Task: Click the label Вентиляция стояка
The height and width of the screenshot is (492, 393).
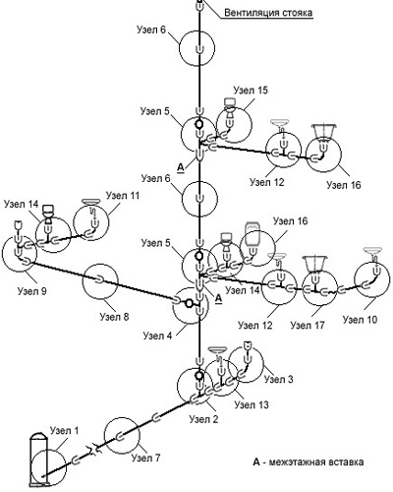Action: pos(268,13)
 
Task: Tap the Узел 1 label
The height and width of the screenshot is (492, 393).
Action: pos(65,430)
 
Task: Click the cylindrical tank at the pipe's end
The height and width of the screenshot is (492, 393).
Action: pos(39,460)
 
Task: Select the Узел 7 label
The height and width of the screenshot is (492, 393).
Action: pos(146,458)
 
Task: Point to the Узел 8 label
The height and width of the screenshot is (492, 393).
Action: pos(114,317)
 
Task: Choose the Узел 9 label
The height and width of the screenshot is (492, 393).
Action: pos(32,291)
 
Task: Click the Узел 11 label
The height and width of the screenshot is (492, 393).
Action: pos(123,196)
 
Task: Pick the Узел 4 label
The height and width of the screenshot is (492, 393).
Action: pos(157,336)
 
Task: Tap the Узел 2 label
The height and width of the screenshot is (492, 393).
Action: pos(203,419)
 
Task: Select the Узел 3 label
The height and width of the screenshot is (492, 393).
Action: pos(278,379)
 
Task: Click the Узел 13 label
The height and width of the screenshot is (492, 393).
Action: pos(252,404)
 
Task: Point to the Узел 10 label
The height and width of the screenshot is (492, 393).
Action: pos(361,319)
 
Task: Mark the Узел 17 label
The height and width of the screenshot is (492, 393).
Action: pos(308,325)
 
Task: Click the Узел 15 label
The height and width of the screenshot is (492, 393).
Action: pos(251,90)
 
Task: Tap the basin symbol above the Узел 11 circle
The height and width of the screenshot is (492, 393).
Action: pos(91,201)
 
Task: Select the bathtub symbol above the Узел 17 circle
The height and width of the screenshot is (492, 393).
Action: pos(315,265)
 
